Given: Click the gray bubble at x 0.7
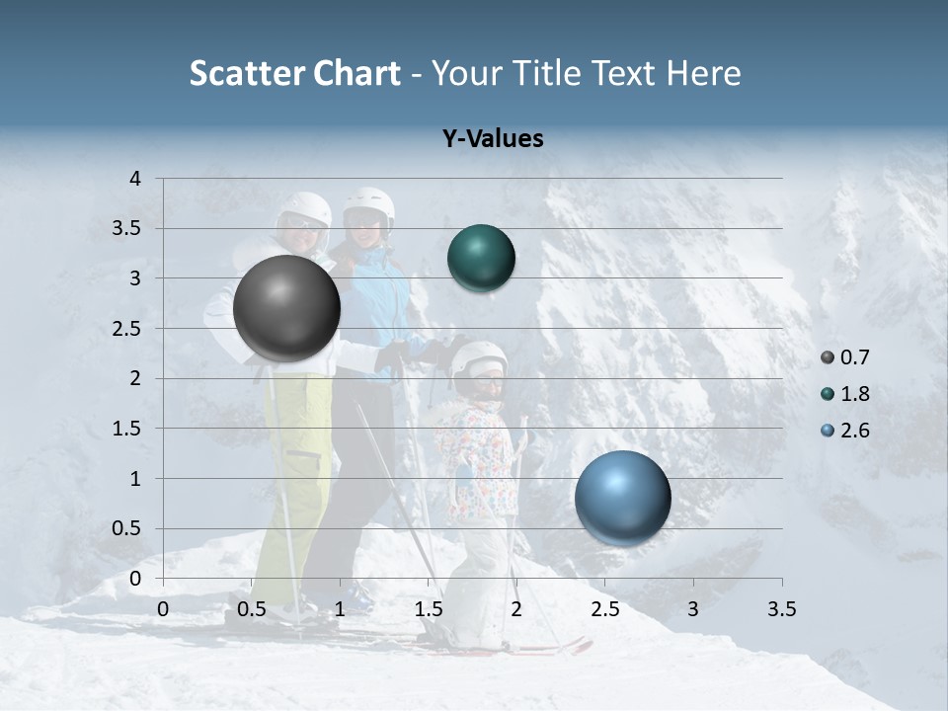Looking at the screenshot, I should [x=287, y=308].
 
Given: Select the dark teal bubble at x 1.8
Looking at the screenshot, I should [x=481, y=258].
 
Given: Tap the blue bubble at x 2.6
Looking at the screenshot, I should [x=622, y=498].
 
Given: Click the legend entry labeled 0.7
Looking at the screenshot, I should [x=852, y=357].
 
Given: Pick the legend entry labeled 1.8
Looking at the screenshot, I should [x=852, y=394].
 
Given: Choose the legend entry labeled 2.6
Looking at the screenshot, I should [x=852, y=431].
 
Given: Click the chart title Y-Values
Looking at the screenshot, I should [x=492, y=139].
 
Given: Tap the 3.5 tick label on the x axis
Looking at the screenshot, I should [x=781, y=609].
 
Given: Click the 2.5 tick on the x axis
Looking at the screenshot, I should [x=604, y=609].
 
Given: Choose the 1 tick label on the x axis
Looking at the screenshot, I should [x=340, y=609].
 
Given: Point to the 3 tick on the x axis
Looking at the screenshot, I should [x=693, y=609].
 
